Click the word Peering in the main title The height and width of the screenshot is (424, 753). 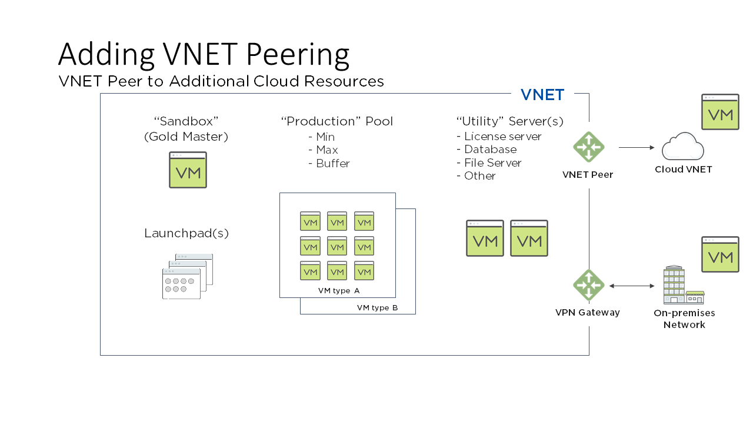pyautogui.click(x=298, y=55)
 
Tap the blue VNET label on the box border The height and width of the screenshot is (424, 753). pyautogui.click(x=542, y=94)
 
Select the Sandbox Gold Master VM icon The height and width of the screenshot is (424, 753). pyautogui.click(x=188, y=170)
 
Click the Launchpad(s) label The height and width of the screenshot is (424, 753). pyautogui.click(x=186, y=233)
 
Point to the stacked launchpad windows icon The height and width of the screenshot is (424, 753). pyautogui.click(x=187, y=276)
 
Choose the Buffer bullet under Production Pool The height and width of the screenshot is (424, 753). pyautogui.click(x=332, y=164)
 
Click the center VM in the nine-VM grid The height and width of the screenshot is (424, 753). pyautogui.click(x=337, y=246)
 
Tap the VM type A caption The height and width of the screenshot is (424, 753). pyautogui.click(x=338, y=290)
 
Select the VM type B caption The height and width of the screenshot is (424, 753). pyautogui.click(x=377, y=307)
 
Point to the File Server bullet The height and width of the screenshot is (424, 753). pyautogui.click(x=491, y=163)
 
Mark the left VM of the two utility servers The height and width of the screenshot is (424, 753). pyautogui.click(x=485, y=238)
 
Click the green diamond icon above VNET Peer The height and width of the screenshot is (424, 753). pyautogui.click(x=588, y=147)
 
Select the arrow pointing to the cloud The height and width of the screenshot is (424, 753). pyautogui.click(x=637, y=147)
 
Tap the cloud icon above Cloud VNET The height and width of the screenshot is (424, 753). pyautogui.click(x=682, y=147)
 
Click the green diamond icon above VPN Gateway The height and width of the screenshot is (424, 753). pyautogui.click(x=588, y=285)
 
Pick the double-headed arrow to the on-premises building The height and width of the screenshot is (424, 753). pyautogui.click(x=632, y=286)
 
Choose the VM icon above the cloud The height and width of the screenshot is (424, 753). pyautogui.click(x=720, y=111)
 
